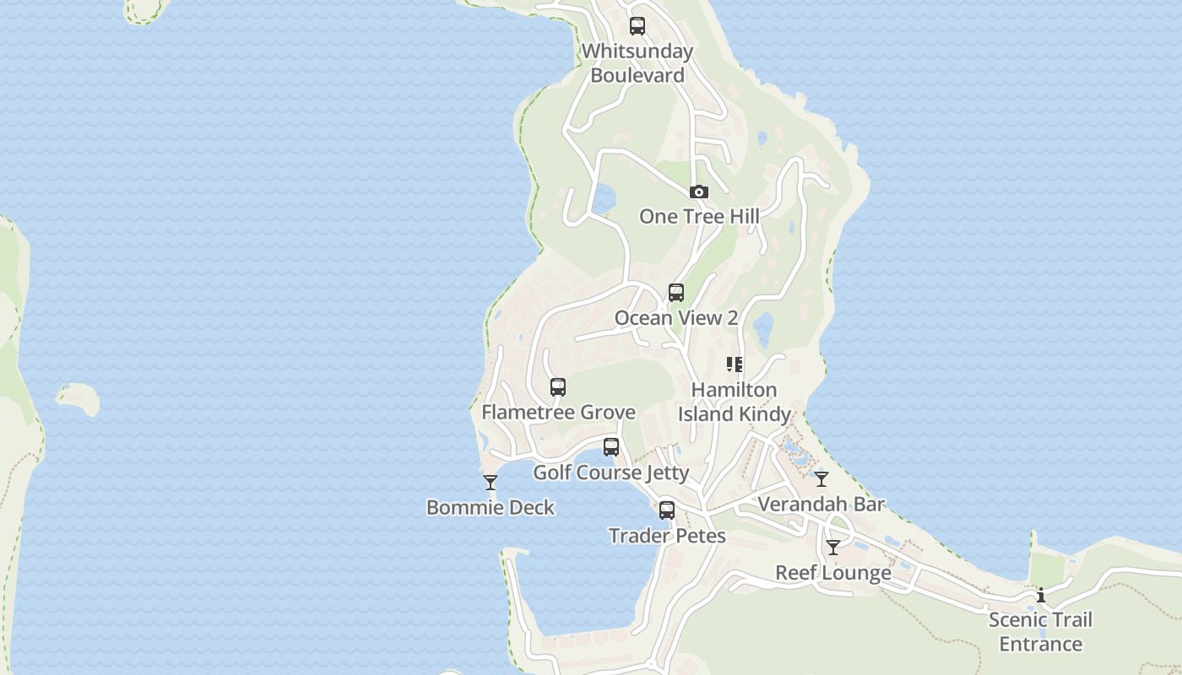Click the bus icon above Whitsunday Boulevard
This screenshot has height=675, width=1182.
pyautogui.click(x=637, y=26)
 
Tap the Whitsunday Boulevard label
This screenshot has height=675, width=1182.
pyautogui.click(x=637, y=63)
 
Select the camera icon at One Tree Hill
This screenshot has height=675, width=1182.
pyautogui.click(x=698, y=192)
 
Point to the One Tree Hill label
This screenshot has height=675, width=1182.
pyautogui.click(x=699, y=217)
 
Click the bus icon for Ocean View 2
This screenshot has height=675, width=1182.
pyautogui.click(x=676, y=293)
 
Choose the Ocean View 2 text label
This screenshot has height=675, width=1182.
pyautogui.click(x=676, y=318)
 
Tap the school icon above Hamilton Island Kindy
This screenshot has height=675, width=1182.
pyautogui.click(x=735, y=364)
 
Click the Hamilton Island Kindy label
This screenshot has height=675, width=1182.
pyautogui.click(x=735, y=402)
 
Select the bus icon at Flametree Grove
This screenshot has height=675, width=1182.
pyautogui.click(x=558, y=387)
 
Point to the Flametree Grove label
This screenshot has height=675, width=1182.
pyautogui.click(x=558, y=413)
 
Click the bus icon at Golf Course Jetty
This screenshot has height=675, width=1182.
pyautogui.click(x=611, y=447)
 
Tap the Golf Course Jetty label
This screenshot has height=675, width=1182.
pyautogui.click(x=611, y=472)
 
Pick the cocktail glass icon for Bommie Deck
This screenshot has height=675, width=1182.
pyautogui.click(x=491, y=483)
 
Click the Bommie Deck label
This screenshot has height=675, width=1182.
pyautogui.click(x=491, y=508)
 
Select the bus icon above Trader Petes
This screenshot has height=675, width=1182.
pyautogui.click(x=667, y=510)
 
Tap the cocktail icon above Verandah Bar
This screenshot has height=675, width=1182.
pyautogui.click(x=821, y=479)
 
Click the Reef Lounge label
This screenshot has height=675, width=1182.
pyautogui.click(x=833, y=574)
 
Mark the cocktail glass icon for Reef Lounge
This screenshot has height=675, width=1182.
pyautogui.click(x=833, y=548)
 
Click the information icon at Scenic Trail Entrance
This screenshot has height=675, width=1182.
pyautogui.click(x=1041, y=596)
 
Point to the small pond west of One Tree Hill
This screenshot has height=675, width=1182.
pyautogui.click(x=603, y=200)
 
